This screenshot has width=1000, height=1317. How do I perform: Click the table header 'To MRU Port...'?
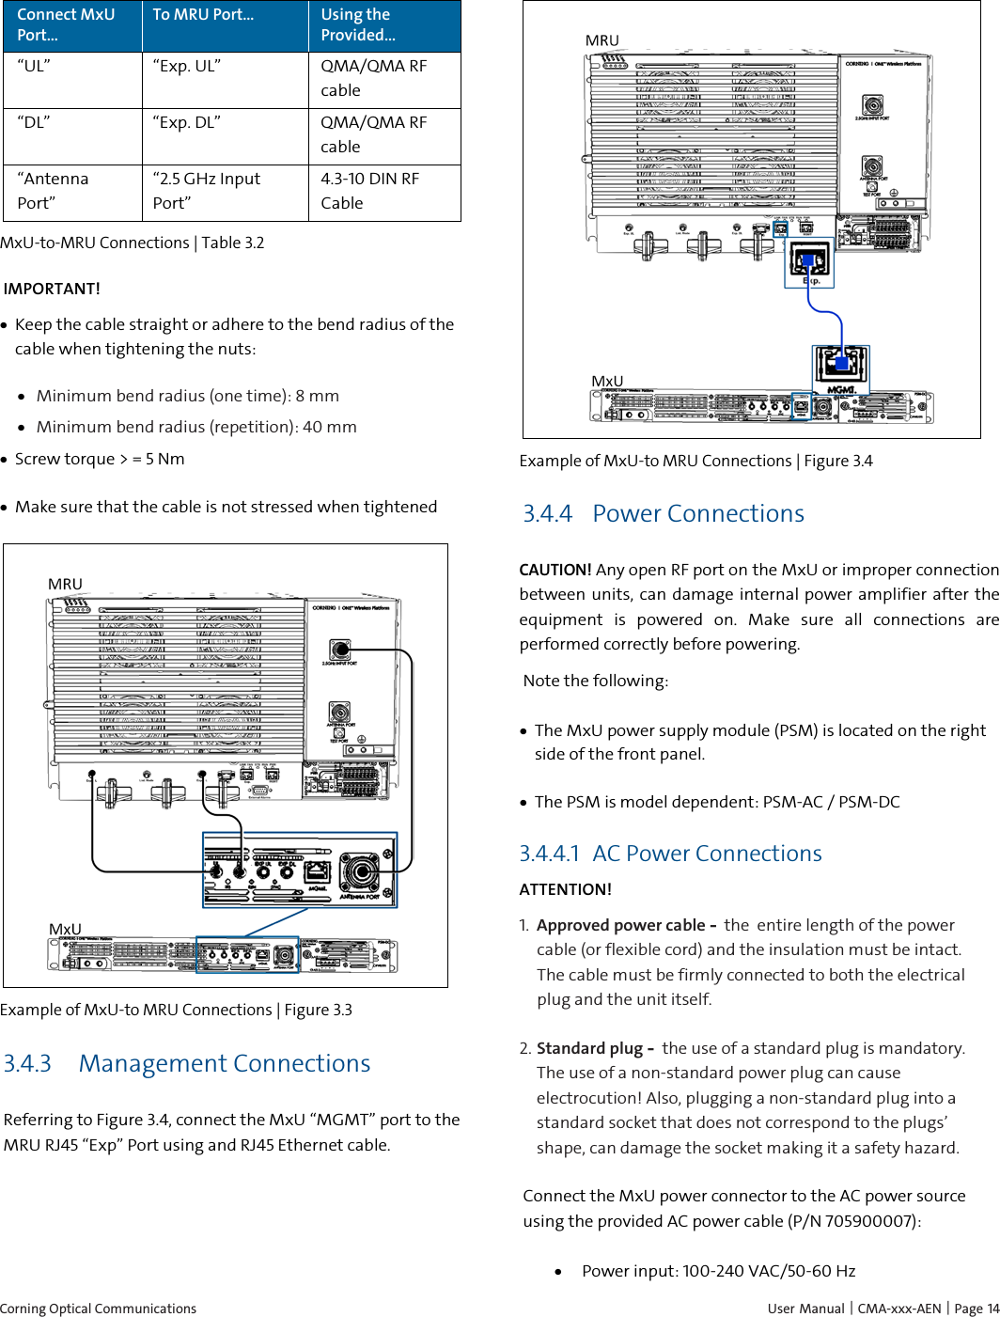203,15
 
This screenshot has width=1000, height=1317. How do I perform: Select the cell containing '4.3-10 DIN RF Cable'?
369,191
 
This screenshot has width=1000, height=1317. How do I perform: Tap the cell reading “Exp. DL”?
187,122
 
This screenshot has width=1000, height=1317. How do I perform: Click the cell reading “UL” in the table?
34,66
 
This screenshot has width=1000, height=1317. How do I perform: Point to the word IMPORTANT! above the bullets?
52,289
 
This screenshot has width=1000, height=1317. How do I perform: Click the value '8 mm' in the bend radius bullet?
317,396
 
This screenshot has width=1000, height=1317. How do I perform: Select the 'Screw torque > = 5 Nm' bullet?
100,459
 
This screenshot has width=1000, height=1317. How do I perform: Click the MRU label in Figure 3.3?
65,584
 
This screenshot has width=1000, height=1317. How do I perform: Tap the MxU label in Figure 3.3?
65,929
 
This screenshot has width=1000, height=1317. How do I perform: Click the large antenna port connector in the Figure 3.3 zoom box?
359,871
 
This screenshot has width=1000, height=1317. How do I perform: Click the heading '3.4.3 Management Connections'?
187,1063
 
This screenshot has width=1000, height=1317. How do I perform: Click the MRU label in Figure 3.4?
602,40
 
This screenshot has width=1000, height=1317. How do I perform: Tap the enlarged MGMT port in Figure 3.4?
840,363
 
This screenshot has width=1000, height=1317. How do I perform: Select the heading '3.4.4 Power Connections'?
664,513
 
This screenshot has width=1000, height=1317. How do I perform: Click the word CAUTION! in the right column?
555,570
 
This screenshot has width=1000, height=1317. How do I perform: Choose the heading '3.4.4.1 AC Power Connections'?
670,853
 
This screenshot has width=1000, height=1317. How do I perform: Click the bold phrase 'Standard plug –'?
594,1048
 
